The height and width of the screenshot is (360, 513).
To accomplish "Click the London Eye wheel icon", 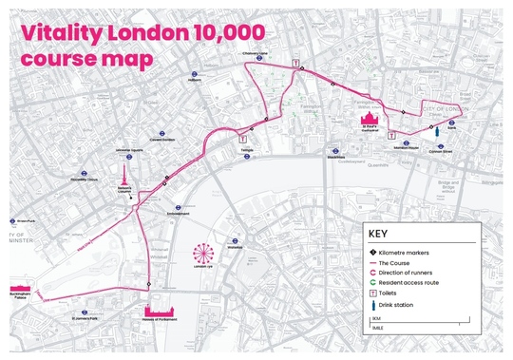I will click(x=202, y=255).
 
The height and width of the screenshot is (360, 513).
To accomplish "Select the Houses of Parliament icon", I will click(x=161, y=313).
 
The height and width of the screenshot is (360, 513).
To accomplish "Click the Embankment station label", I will click(x=179, y=213).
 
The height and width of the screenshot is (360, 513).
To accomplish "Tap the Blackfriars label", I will click(x=335, y=157).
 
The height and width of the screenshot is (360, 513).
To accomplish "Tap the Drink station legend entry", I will click(x=397, y=304).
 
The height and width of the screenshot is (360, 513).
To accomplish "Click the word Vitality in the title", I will click(x=63, y=30).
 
